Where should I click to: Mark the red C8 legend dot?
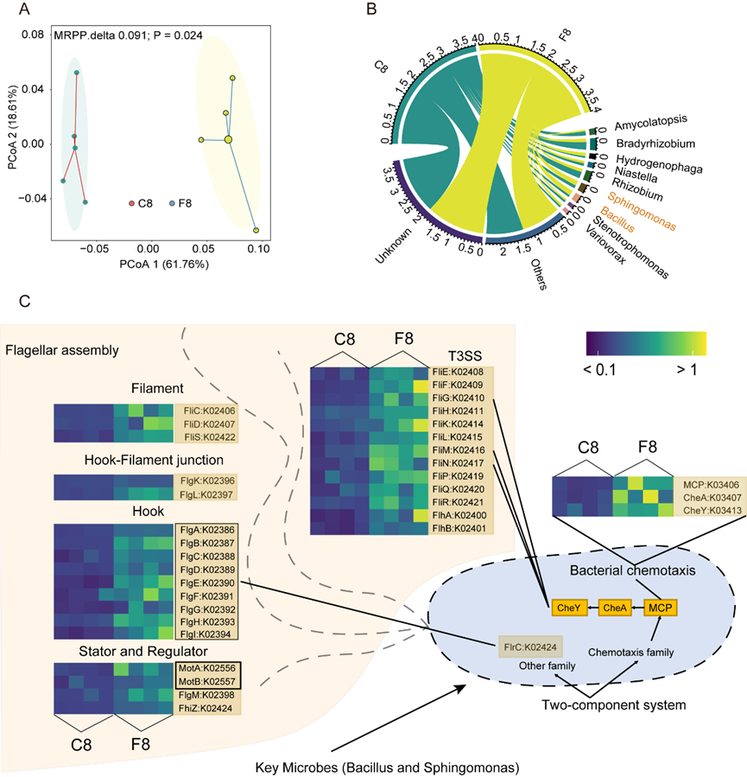[131, 203]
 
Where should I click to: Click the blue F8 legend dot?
[172, 203]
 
